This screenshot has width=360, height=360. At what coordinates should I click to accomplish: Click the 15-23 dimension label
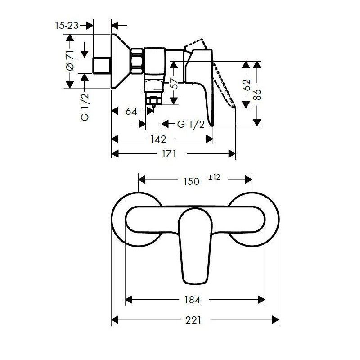pyautogui.click(x=67, y=25)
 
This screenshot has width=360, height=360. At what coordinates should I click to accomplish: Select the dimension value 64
pyautogui.click(x=131, y=112)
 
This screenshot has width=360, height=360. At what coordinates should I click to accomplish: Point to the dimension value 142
pyautogui.click(x=158, y=139)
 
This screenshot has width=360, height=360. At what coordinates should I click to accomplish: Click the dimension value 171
pyautogui.click(x=169, y=154)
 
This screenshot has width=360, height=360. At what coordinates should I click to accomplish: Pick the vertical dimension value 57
pyautogui.click(x=175, y=83)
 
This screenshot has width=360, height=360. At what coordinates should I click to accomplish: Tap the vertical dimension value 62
pyautogui.click(x=246, y=85)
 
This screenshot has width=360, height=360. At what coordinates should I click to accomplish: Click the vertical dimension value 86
pyautogui.click(x=257, y=94)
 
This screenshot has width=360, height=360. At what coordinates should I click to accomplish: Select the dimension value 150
pyautogui.click(x=191, y=181)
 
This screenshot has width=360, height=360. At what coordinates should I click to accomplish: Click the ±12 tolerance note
pyautogui.click(x=214, y=177)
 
